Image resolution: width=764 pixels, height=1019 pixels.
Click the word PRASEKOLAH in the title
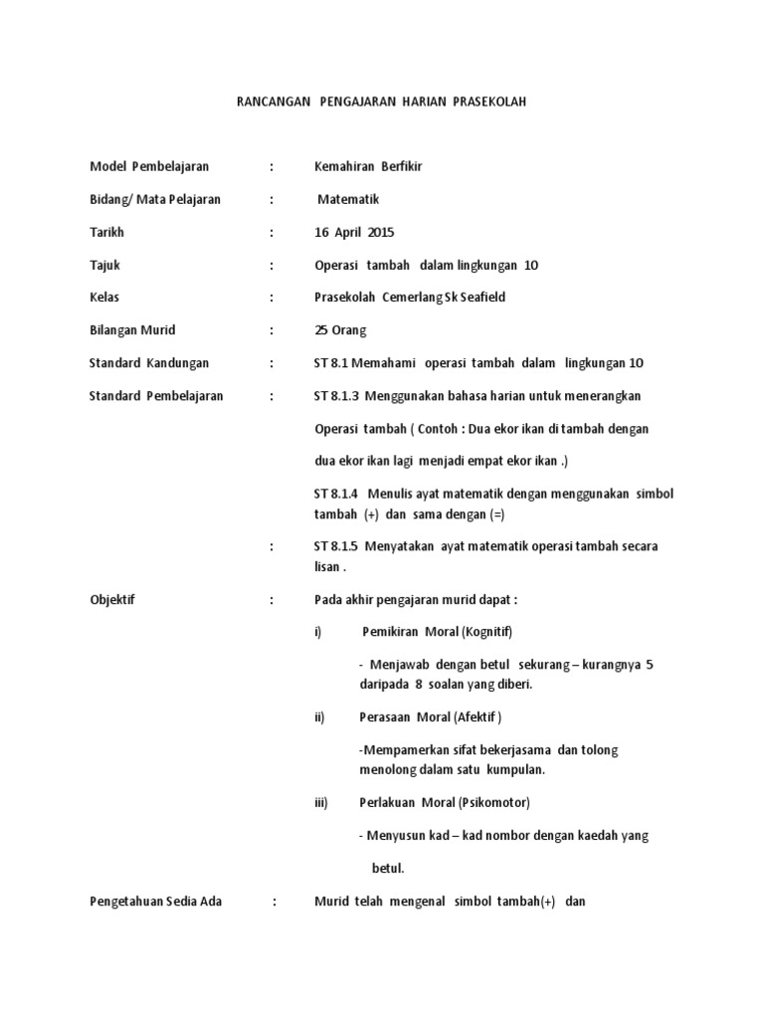click(490, 102)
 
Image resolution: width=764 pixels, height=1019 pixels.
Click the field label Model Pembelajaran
click(149, 166)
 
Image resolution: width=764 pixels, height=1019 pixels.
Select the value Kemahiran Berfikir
click(368, 166)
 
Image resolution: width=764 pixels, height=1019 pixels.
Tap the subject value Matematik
click(349, 199)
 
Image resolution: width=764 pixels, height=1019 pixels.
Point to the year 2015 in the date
click(381, 233)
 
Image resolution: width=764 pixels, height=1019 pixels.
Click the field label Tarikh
click(107, 233)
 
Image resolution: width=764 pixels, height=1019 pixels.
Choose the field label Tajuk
click(105, 266)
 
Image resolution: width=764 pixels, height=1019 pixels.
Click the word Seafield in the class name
click(480, 298)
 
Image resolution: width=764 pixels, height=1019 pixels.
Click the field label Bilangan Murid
click(132, 330)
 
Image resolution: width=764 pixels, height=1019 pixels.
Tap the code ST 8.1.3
click(335, 395)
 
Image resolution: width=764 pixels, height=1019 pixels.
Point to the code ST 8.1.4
click(335, 494)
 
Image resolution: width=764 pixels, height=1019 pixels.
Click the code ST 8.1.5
click(335, 546)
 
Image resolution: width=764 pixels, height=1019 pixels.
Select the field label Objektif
click(112, 600)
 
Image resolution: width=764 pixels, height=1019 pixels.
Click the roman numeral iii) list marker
click(320, 802)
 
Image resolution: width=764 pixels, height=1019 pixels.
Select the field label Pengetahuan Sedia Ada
click(156, 902)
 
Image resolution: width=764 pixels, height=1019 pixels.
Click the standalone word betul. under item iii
click(388, 868)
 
